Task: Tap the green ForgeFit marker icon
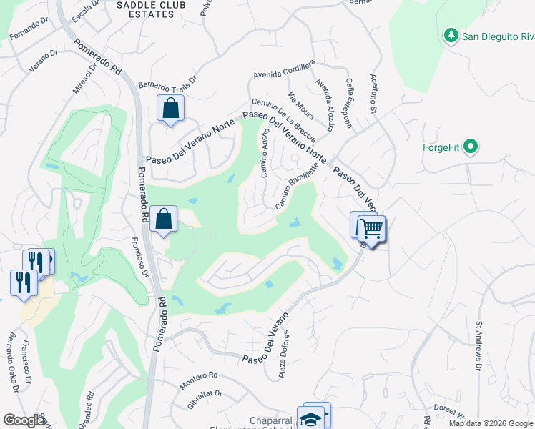click(x=470, y=148)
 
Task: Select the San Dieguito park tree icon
click(x=451, y=35)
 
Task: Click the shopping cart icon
click(x=372, y=229)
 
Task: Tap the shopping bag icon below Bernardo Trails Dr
click(x=171, y=109)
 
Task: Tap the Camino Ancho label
click(x=265, y=154)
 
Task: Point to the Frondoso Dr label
click(x=140, y=257)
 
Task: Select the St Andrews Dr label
click(x=478, y=347)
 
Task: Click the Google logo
click(x=24, y=420)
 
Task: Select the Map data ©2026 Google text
click(x=490, y=423)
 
